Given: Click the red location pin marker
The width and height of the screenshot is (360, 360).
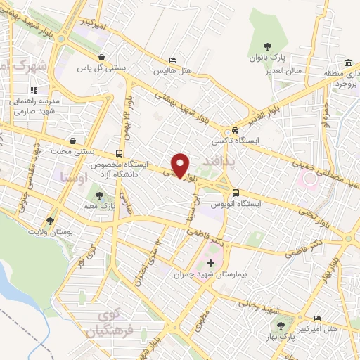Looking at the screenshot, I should point(181,165).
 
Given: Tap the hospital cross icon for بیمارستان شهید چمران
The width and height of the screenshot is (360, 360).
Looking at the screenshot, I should point(210,262).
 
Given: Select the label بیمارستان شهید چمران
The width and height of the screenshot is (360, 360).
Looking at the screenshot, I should point(210,276).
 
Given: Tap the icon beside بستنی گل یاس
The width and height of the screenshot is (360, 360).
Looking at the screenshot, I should point(103,58).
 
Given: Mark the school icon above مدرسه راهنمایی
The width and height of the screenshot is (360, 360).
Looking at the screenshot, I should point(33,90).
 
